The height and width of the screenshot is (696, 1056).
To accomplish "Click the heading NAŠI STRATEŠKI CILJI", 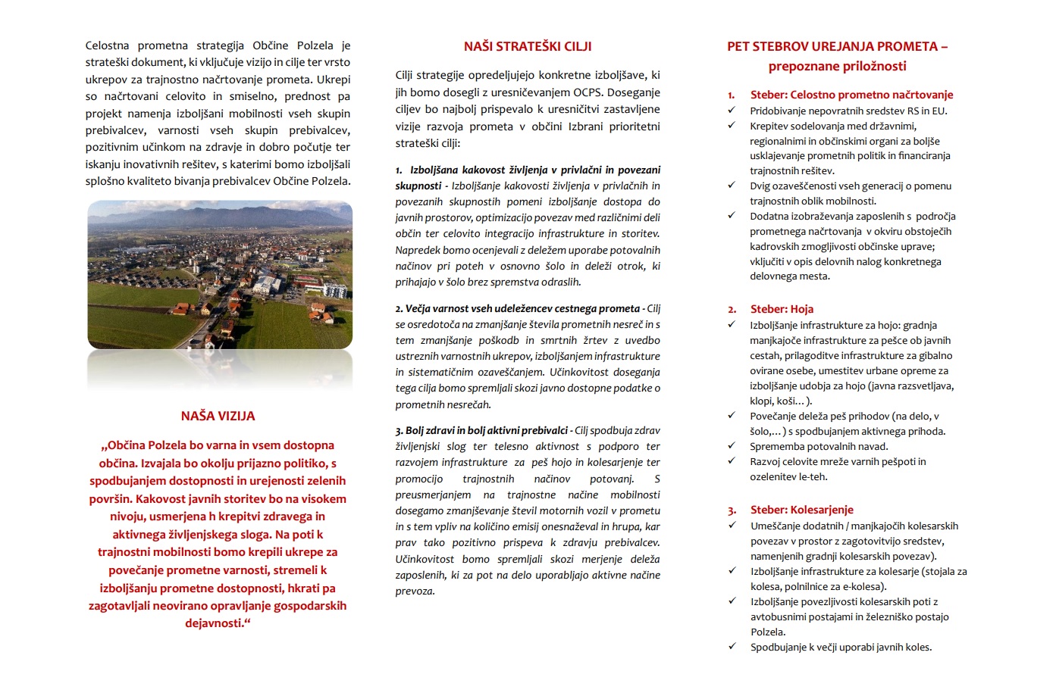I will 528,46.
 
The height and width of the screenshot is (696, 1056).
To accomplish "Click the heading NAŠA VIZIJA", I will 218,416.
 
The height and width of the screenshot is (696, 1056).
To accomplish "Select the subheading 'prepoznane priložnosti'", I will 837,66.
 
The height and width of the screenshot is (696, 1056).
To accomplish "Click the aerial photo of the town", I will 220,274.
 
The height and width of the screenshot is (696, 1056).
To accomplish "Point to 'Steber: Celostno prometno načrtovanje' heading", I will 851,95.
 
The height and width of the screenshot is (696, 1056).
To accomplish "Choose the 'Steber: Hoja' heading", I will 782,309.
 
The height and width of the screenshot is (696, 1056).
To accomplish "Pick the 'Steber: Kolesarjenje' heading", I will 801,510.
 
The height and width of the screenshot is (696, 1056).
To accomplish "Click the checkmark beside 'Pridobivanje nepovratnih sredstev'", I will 732,111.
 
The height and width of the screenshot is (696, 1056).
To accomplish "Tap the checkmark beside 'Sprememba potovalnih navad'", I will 732,446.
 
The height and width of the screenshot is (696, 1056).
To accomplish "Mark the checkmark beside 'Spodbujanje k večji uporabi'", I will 732,647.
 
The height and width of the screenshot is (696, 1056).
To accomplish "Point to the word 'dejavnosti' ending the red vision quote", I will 215,623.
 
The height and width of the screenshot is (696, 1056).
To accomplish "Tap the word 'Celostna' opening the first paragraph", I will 107,45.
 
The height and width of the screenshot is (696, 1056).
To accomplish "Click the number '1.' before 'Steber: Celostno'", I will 732,95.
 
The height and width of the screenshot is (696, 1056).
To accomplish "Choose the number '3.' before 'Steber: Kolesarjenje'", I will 732,510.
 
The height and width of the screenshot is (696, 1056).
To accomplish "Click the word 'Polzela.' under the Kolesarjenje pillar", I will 768,632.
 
